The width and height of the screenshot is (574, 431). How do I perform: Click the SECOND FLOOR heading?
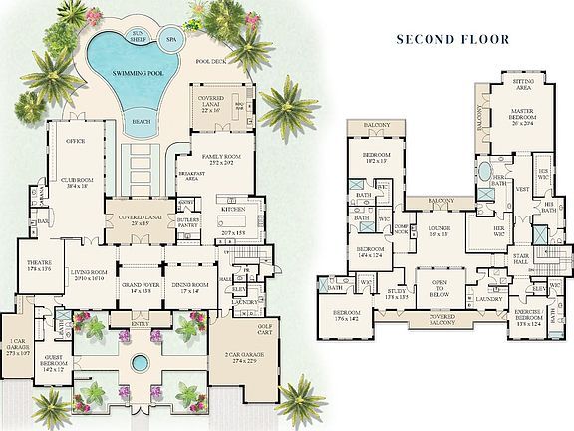coord(451,40)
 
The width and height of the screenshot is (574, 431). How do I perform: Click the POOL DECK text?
coord(212,62)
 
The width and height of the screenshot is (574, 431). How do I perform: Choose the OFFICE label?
coord(75,142)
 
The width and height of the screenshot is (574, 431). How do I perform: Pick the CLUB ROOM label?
coord(78,181)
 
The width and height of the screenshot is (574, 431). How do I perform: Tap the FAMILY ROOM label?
coord(216,157)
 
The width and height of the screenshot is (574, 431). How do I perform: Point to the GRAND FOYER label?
coord(137,285)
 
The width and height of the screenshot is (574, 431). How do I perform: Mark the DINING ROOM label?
coord(186,285)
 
